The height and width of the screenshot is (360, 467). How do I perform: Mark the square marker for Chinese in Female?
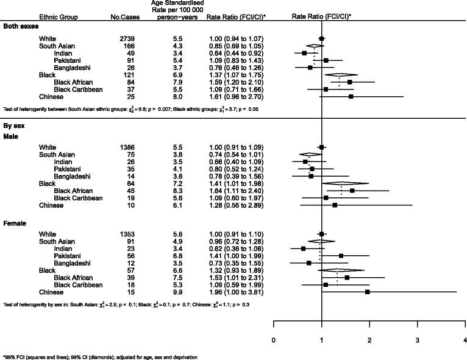[368, 292]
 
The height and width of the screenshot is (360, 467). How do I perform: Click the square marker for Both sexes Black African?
[350, 82]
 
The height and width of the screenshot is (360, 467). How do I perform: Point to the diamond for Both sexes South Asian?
[314, 46]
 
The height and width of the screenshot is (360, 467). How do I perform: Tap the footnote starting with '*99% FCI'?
[91, 356]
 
